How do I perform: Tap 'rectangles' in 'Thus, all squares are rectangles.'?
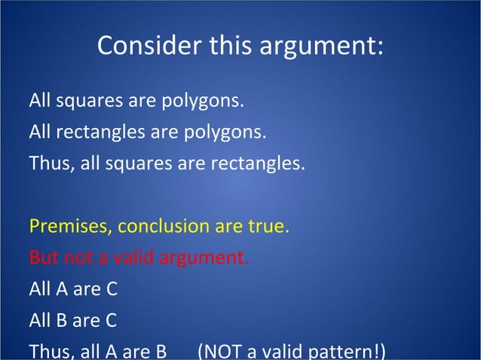[262, 164]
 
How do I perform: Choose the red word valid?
[136, 258]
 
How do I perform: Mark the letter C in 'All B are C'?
[110, 322]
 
